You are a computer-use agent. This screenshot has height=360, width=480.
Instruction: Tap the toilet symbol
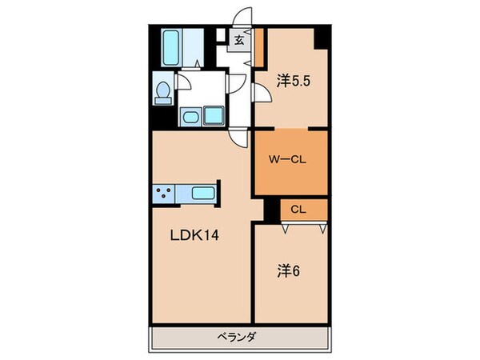click(163, 91)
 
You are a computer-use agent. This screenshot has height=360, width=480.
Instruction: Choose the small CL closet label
click(297, 210)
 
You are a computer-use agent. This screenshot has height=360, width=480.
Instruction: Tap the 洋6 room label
click(289, 270)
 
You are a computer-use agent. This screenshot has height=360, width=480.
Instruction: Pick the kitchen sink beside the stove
click(202, 193)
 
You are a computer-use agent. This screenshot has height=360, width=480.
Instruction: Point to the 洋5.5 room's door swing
click(261, 94)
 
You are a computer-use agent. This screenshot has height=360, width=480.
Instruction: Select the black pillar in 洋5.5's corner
click(322, 37)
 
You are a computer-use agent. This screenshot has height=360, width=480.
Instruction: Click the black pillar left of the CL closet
click(271, 210)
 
